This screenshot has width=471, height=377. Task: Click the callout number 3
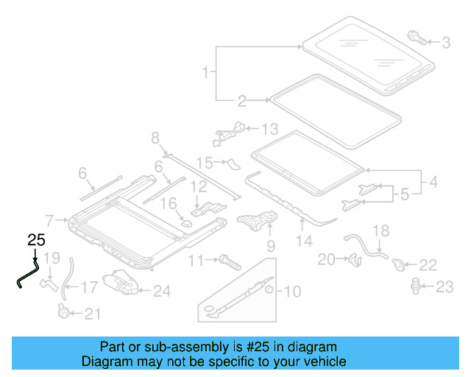point(446,43)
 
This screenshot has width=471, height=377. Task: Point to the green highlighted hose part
point(28,270)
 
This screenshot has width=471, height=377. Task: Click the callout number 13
point(270,130)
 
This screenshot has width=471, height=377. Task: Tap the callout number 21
point(91,314)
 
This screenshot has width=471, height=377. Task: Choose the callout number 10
point(291,292)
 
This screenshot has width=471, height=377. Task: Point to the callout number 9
point(270,245)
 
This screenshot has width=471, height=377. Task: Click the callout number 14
point(304,240)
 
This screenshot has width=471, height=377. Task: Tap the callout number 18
point(380,230)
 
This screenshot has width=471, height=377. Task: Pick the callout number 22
point(428,264)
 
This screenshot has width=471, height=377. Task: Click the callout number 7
point(49,219)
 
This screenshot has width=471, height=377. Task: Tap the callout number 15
point(204,161)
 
